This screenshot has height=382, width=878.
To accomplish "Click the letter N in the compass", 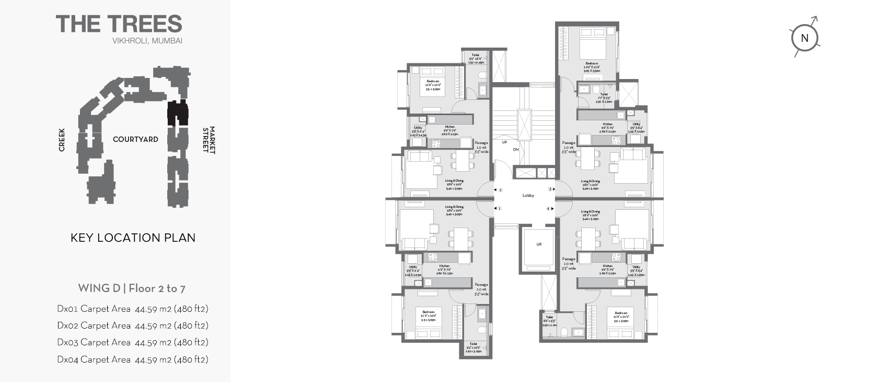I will coord(804,38).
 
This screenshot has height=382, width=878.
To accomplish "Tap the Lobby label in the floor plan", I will coord(528,196).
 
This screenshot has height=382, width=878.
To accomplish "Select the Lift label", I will coord(539,244).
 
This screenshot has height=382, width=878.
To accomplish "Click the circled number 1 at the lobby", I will coord(500,208).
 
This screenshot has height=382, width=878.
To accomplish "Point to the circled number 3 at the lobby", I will coord(550,189).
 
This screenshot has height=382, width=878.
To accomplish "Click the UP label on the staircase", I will coord(504,142).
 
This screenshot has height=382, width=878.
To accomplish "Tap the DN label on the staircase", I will coord(515,150).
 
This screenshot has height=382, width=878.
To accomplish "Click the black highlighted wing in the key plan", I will coord(177,113).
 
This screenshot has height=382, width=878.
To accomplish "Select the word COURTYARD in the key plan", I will coord(135,139).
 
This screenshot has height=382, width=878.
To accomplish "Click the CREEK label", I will coord(62,140).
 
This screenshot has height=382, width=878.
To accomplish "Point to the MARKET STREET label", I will coord(209,140).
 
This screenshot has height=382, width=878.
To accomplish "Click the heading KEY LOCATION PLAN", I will coord(133,238).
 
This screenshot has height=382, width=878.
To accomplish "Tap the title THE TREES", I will coord(119,24).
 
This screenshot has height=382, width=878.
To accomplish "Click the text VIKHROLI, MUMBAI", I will coord(147,41).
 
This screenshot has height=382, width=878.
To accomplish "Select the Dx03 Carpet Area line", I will coord(133,342).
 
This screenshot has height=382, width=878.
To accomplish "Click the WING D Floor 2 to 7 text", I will coord(132,288).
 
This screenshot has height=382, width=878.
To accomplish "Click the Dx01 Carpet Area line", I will coord(133,309).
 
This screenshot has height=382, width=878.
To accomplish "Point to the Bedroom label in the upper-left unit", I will coord(433,82).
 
